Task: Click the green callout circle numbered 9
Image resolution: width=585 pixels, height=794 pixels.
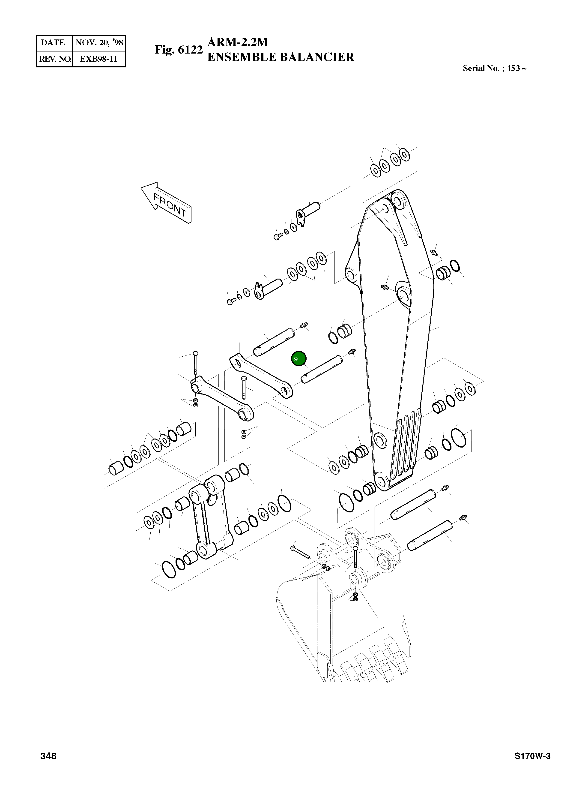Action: pyautogui.click(x=298, y=358)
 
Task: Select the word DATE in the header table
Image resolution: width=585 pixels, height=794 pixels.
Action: pyautogui.click(x=53, y=42)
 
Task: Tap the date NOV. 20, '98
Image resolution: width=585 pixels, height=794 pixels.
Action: pyautogui.click(x=99, y=42)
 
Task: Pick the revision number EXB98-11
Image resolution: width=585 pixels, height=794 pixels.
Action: pyautogui.click(x=98, y=59)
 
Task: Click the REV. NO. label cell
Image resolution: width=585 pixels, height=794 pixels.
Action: pyautogui.click(x=55, y=59)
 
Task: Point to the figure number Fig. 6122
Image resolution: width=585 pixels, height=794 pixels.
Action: pyautogui.click(x=179, y=50)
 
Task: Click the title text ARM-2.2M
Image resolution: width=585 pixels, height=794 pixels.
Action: pyautogui.click(x=238, y=42)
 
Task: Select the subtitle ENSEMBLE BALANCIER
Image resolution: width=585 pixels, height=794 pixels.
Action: pyautogui.click(x=281, y=57)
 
